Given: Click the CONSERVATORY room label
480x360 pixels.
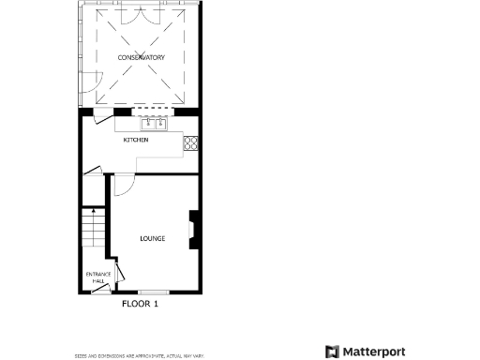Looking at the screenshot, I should pos(142,58).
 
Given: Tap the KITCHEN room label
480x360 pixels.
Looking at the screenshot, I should pos(137,140).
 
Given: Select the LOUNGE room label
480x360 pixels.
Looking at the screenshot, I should pos(152,238).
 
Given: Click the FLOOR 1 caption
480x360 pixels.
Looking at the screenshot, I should pos(141,304).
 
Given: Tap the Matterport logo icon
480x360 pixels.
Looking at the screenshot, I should pos(332,352).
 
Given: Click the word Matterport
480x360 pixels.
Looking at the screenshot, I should pos(373,352).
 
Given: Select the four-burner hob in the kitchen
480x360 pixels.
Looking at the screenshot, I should pos(191,143).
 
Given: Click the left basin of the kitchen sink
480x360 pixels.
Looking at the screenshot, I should pos(148,123).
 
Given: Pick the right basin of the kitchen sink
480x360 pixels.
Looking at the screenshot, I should pos(161,123).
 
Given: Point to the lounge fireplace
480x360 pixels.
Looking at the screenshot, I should pos(193,231).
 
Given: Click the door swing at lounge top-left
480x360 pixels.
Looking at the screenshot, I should pos(122,185).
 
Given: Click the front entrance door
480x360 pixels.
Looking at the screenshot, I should pos(97,289).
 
